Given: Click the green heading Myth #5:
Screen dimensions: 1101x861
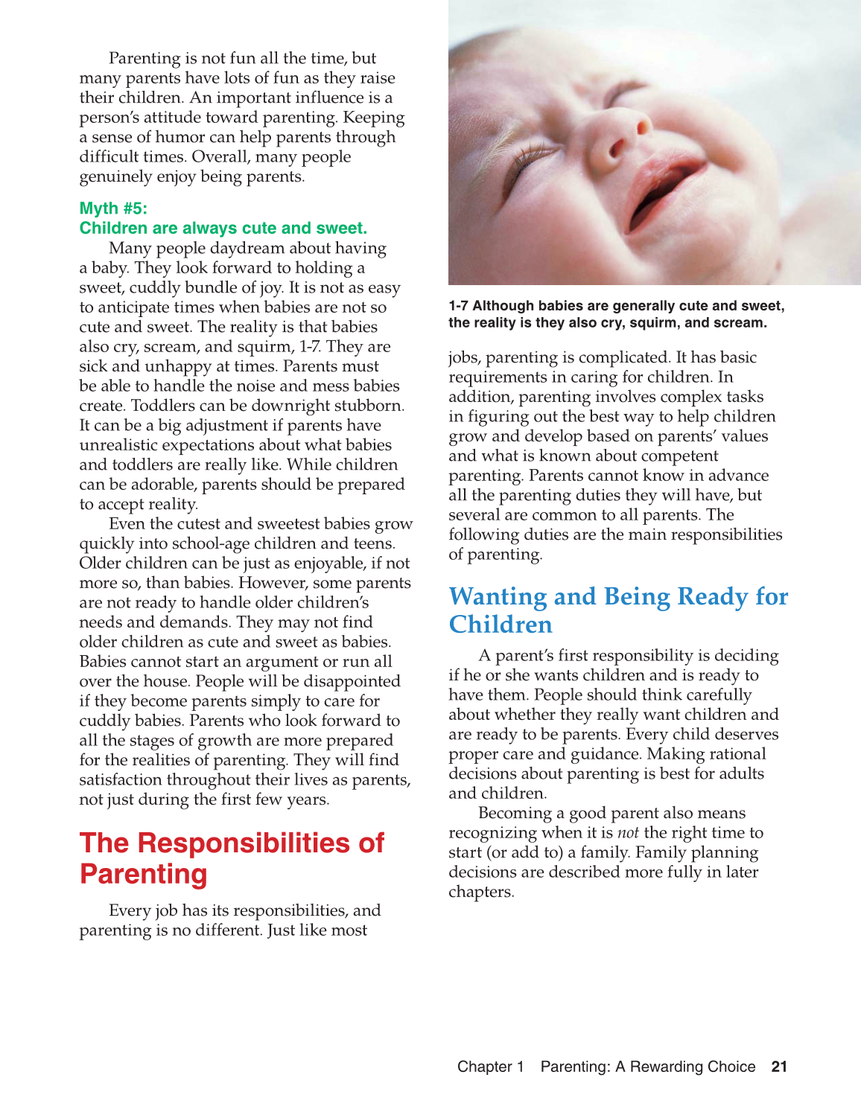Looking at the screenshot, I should [x=113, y=208].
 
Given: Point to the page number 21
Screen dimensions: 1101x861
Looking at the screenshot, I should [x=779, y=1067].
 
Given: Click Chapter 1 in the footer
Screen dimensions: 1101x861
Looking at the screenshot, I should [x=490, y=1067].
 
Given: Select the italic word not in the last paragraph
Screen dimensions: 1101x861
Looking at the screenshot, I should [x=628, y=833].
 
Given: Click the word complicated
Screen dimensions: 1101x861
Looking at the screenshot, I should [x=607, y=358].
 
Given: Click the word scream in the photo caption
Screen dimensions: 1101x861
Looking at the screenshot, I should [x=739, y=323].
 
